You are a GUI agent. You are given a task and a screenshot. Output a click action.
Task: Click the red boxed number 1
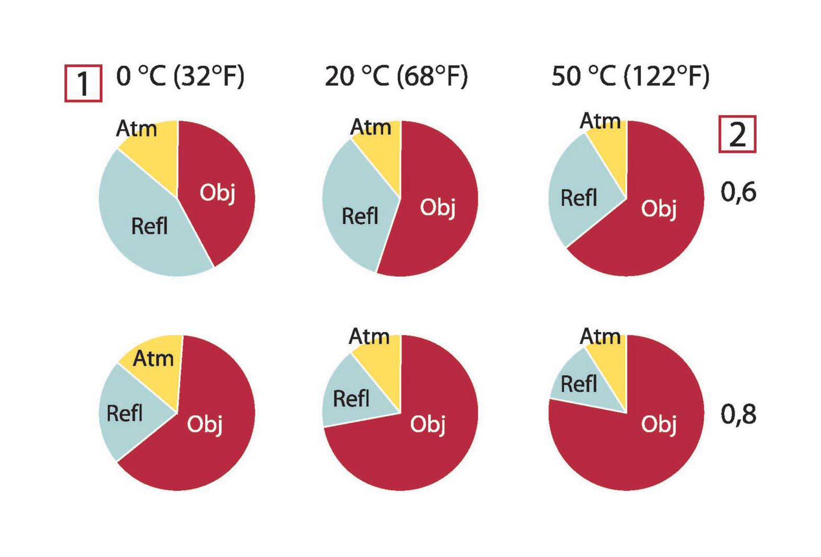click(x=83, y=84)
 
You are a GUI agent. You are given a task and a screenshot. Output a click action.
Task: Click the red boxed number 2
click(x=737, y=134)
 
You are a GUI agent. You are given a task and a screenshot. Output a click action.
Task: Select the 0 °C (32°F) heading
click(x=180, y=76)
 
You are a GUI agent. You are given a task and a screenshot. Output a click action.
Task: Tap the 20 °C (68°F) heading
click(x=396, y=76)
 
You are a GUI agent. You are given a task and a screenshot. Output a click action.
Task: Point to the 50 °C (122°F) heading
click(x=630, y=76)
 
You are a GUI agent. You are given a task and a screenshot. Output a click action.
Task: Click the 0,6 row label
click(x=738, y=192)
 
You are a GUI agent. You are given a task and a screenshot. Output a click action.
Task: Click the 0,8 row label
click(x=738, y=414)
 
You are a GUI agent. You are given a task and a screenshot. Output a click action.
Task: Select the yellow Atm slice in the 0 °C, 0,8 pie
click(x=154, y=364)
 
